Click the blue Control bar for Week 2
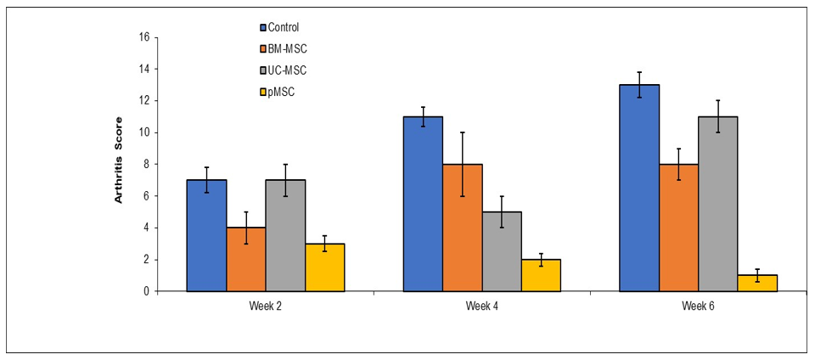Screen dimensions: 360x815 click(206, 236)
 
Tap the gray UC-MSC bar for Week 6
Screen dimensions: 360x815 click(718, 204)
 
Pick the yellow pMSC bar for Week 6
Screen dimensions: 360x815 click(757, 283)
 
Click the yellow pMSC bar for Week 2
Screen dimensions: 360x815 click(325, 267)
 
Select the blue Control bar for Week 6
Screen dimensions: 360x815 click(639, 188)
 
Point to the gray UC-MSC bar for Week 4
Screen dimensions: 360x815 click(502, 251)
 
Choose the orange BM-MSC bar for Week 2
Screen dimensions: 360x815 click(246, 259)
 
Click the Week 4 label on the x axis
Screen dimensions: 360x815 click(482, 305)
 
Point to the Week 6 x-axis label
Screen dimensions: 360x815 click(698, 305)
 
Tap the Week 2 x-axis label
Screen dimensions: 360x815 click(266, 305)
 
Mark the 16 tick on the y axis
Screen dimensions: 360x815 click(143, 37)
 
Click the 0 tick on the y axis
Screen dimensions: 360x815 click(146, 291)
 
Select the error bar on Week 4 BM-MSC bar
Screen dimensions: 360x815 click(462, 164)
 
